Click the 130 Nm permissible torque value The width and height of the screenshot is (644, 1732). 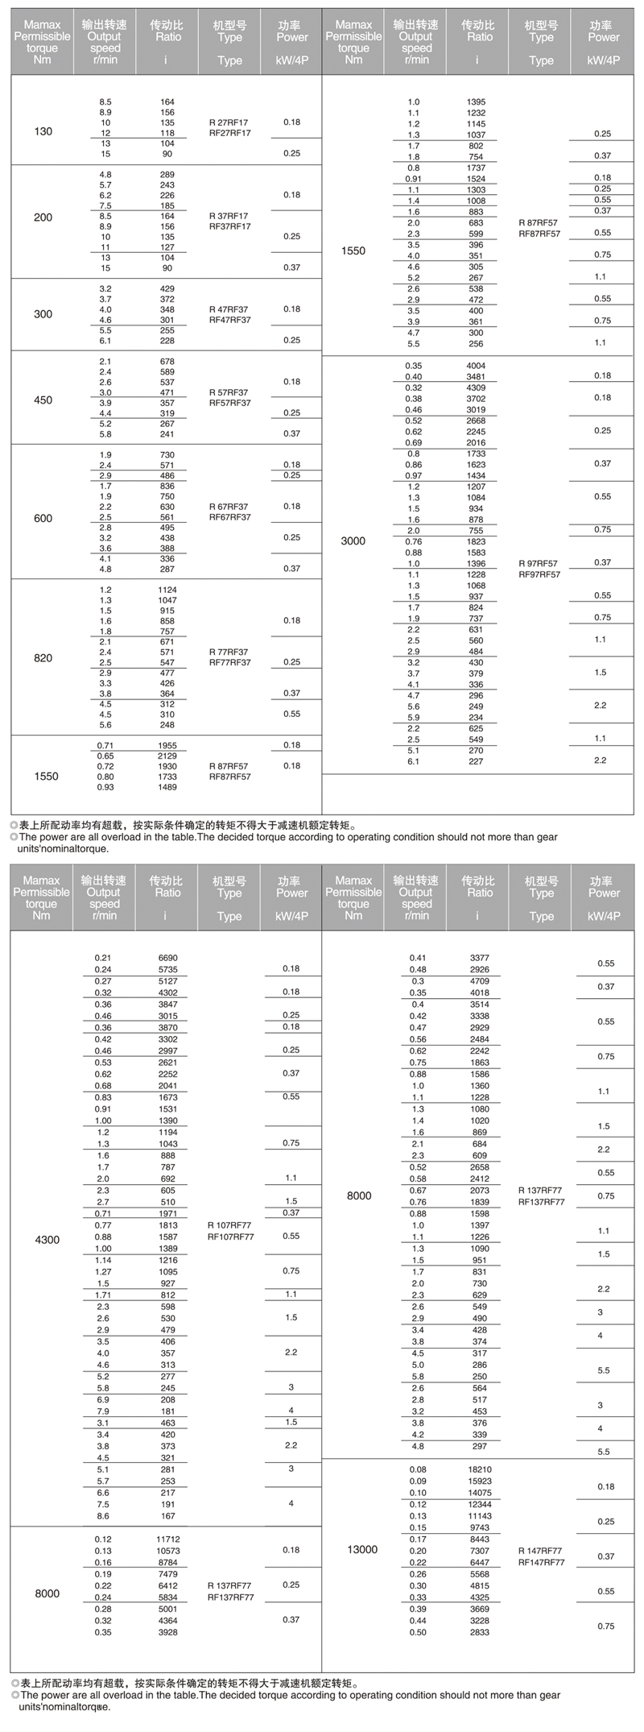click(43, 131)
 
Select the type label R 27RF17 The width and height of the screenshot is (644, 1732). click(229, 123)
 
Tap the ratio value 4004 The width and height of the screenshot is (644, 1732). click(476, 366)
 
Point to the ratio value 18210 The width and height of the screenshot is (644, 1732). click(479, 1469)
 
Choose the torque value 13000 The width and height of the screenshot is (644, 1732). click(361, 1549)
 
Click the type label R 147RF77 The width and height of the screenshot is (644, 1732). click(540, 1550)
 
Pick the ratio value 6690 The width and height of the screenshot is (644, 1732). click(167, 958)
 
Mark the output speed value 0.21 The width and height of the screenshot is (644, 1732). click(103, 958)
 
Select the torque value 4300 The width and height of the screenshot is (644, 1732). click(47, 1239)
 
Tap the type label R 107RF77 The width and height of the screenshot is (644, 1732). click(229, 1225)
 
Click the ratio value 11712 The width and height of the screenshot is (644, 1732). click(167, 1539)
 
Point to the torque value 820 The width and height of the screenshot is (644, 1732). click(43, 658)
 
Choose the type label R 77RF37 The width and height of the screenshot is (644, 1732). click(229, 653)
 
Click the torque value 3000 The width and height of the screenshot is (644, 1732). click(353, 541)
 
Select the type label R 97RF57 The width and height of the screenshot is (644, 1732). click(539, 564)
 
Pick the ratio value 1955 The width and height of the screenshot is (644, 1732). click(167, 745)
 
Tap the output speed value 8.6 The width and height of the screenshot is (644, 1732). click(103, 1516)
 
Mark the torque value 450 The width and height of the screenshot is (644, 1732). click(43, 400)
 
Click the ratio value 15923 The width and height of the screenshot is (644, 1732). click(479, 1481)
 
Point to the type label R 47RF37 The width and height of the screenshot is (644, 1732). click(229, 309)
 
